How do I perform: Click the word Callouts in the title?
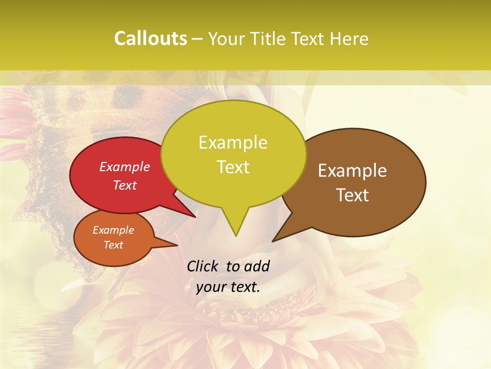tap(150, 38)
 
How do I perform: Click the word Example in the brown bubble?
tap(352, 171)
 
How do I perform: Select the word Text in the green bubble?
tap(233, 167)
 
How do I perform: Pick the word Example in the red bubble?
tap(125, 167)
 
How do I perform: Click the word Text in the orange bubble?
tap(114, 245)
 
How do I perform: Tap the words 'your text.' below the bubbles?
tap(228, 287)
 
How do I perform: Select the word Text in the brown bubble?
tap(353, 195)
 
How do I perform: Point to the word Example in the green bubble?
tap(233, 142)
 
